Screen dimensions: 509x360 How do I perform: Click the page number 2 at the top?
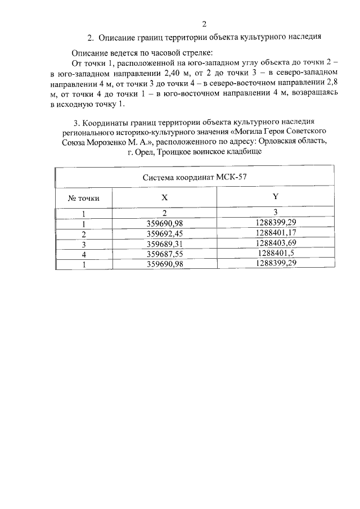(x=204, y=24)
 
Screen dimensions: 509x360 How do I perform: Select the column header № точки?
(x=84, y=198)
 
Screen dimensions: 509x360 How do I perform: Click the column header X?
(x=164, y=198)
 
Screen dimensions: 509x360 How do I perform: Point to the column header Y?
(x=275, y=196)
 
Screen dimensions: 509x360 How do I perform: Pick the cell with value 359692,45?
(x=164, y=233)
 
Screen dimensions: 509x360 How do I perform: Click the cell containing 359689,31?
(x=164, y=244)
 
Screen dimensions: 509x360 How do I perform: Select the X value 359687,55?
(x=164, y=254)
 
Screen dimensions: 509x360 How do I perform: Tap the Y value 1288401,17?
(x=276, y=232)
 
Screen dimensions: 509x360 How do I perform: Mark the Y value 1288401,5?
(x=276, y=253)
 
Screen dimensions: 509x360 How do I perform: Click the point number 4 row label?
(x=84, y=254)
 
